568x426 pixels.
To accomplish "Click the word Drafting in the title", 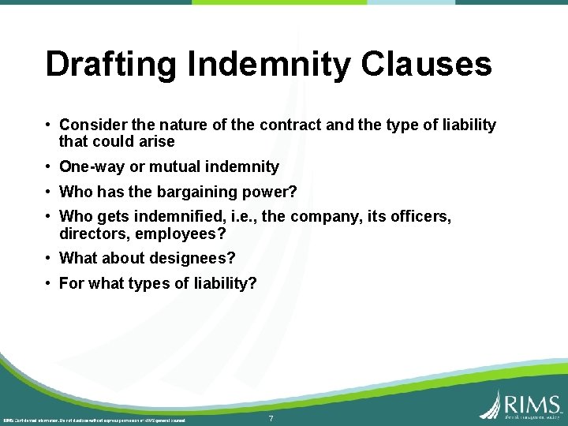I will (x=112, y=65).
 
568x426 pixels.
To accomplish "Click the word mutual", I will (x=173, y=166).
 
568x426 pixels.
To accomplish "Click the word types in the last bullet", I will (x=146, y=283).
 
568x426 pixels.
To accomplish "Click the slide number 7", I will (x=271, y=418).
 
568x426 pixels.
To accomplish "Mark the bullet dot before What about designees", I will (x=49, y=258).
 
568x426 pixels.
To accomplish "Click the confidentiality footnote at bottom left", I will (x=95, y=420).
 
